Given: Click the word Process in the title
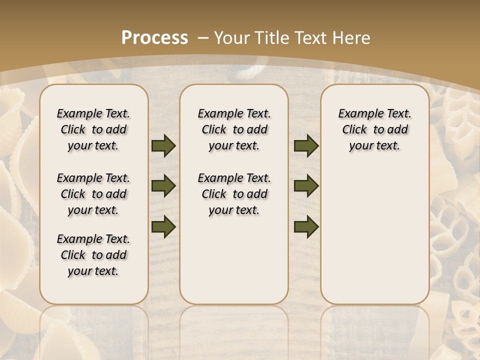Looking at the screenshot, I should pos(154,37).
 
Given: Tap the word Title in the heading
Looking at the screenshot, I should pos(274,37).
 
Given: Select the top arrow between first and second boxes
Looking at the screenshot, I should pos(163,146).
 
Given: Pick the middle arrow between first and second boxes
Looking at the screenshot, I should pos(163,186).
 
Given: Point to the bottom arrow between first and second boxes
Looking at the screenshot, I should pos(163,226).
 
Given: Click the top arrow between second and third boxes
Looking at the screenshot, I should pos(306,146).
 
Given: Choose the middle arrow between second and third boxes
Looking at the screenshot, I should pos(306,186).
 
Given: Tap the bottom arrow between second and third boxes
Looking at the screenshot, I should pos(306,226).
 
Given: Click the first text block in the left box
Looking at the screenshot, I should pos(93,129).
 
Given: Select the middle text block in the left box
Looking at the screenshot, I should pos(93,194).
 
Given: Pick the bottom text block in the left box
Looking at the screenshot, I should pos(93,255).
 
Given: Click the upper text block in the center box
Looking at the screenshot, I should pos(234,129).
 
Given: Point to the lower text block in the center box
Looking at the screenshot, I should pos(234,194).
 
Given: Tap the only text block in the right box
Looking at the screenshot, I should pos(374,129).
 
